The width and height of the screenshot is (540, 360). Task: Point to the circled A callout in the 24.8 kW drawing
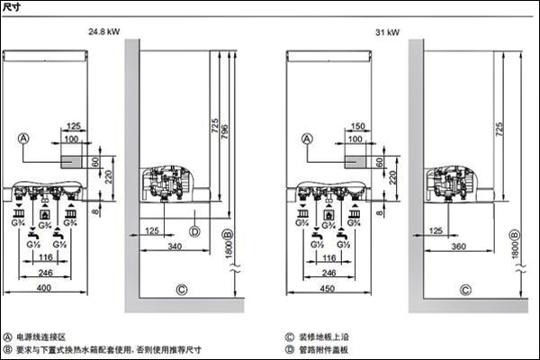(x=24, y=138)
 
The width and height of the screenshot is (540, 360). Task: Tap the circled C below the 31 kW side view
(x=464, y=290)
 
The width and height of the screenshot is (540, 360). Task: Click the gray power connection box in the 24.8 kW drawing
(x=74, y=161)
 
